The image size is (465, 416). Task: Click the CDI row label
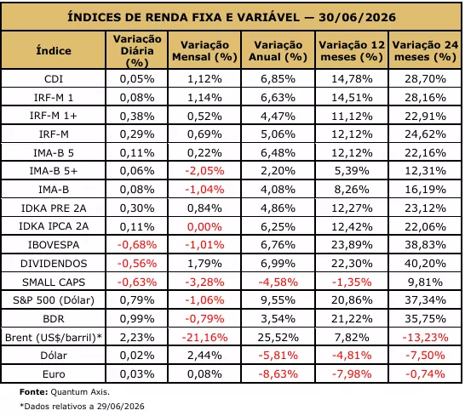[x=54, y=79]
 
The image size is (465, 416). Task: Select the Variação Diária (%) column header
[x=137, y=51]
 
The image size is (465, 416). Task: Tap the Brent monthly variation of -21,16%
[x=204, y=337]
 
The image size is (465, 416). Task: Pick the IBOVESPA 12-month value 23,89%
[x=352, y=245]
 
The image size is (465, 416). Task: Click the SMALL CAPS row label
[x=54, y=282]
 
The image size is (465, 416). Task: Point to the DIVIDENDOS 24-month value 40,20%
[x=425, y=264]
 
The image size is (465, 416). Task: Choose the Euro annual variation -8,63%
[x=278, y=374]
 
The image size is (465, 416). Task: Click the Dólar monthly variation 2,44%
[x=204, y=356]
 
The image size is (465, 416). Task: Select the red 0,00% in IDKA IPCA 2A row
[x=204, y=226]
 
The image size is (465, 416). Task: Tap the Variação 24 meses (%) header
[x=425, y=51]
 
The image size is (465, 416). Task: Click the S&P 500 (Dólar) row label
[x=54, y=300]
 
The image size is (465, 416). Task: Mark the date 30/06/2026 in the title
[x=358, y=17]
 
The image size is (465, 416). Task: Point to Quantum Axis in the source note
[x=80, y=392]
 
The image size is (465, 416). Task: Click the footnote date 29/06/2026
[x=120, y=407]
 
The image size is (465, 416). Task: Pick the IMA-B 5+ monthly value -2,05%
[x=204, y=171]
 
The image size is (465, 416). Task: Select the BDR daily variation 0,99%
[x=137, y=318]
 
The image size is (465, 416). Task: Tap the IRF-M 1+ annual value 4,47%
[x=278, y=116]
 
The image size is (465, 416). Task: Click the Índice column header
[x=54, y=51]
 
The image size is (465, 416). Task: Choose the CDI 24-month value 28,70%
[x=425, y=79]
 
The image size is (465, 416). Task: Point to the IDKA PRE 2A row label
[x=54, y=208]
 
